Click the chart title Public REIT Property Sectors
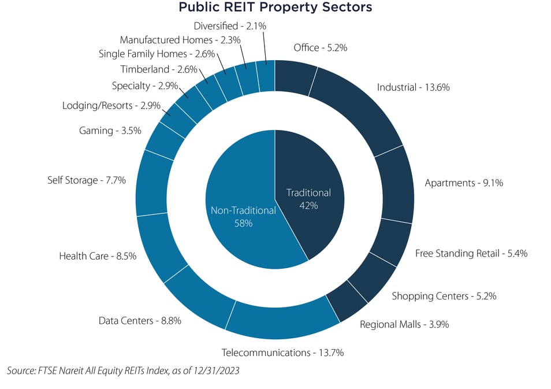(275, 8)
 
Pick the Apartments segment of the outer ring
(396, 184)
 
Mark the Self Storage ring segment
(151, 182)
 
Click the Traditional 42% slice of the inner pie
(309, 199)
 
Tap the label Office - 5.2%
(320, 48)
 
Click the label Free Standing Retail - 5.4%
(471, 253)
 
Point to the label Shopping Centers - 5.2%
(444, 296)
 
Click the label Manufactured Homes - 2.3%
(180, 40)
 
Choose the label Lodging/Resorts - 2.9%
(111, 106)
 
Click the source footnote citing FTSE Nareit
(123, 371)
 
